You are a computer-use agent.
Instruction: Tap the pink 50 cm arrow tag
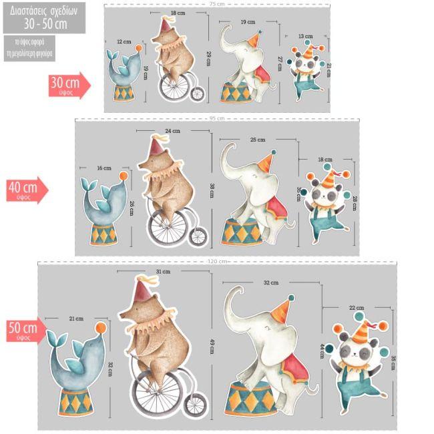[25, 330]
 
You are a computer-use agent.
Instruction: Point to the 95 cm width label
[217, 118]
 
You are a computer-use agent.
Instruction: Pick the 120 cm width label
[218, 261]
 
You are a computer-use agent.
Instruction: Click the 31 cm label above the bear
[163, 272]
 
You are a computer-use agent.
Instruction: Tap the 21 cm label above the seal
[75, 319]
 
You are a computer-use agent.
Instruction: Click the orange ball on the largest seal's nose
[100, 328]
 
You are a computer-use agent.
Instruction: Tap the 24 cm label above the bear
[172, 131]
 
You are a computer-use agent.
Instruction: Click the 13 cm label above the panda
[305, 36]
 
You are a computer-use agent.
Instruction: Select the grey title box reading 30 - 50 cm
[44, 17]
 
